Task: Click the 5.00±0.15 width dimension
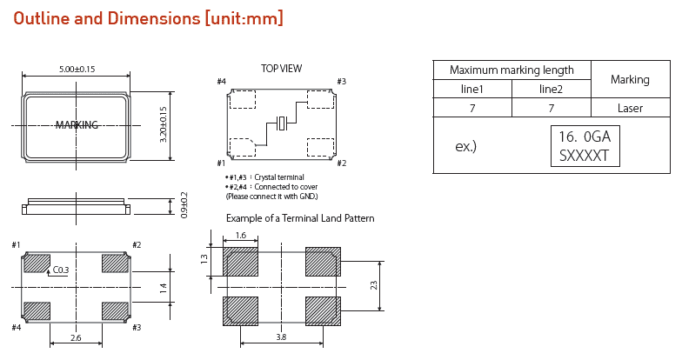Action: click(77, 69)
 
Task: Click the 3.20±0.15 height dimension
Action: click(163, 125)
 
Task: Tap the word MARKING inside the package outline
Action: click(77, 125)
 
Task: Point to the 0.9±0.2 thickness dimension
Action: click(184, 205)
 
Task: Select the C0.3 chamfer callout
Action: click(61, 270)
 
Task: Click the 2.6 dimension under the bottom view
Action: click(77, 337)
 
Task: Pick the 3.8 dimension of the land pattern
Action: click(281, 337)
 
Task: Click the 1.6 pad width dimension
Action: click(240, 236)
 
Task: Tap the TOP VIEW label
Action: click(281, 69)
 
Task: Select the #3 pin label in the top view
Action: click(341, 82)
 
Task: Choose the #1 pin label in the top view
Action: click(221, 163)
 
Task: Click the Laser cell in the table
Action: click(630, 108)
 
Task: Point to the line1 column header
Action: click(471, 89)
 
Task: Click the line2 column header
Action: click(551, 89)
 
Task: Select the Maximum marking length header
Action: click(512, 70)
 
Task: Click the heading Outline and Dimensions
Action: click(148, 18)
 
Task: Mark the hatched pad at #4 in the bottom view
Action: click(37, 310)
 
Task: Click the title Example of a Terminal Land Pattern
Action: click(300, 218)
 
